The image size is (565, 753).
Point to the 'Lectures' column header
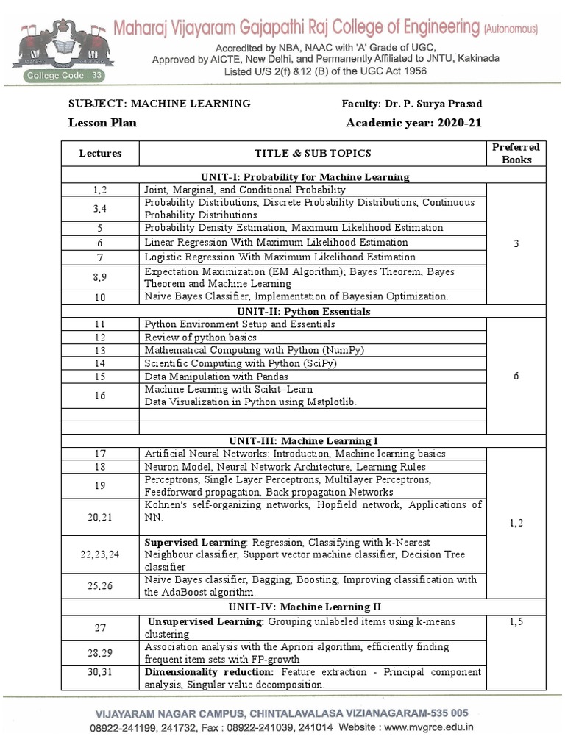tap(100, 153)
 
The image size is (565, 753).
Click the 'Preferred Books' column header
tap(516, 153)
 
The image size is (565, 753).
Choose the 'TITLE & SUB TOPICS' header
tap(313, 153)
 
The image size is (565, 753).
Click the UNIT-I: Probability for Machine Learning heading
tap(305, 176)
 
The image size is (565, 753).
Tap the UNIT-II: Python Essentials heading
tap(305, 311)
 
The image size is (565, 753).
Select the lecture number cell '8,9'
tap(100, 277)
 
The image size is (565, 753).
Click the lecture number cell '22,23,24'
tap(100, 554)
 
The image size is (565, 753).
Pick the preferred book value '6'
tap(516, 376)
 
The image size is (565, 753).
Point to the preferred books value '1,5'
tap(516, 622)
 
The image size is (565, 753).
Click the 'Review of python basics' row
tap(201, 337)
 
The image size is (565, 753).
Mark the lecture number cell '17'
tap(100, 454)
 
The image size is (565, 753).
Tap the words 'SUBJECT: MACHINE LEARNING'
tap(160, 104)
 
